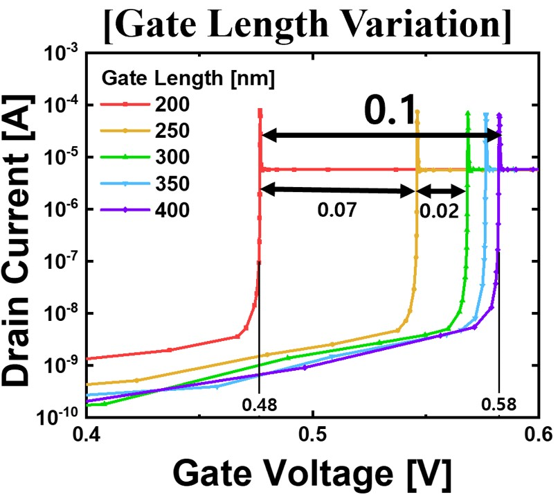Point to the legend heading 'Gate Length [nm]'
pyautogui.click(x=188, y=78)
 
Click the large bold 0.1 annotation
pyautogui.click(x=390, y=111)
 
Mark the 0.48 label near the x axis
pyautogui.click(x=259, y=403)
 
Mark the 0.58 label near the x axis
pyautogui.click(x=499, y=403)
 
